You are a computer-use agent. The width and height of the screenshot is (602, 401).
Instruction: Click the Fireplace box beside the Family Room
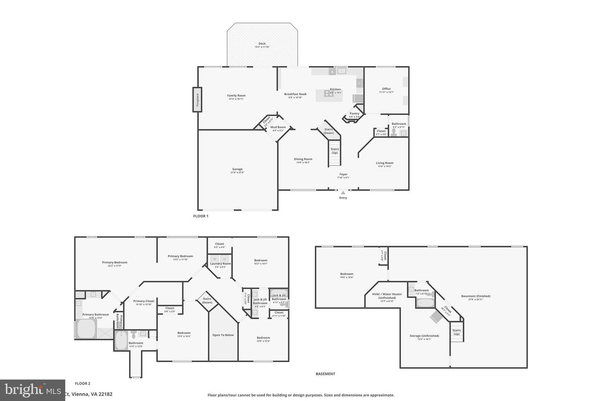[197, 99]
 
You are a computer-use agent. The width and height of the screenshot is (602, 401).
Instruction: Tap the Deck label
[262, 43]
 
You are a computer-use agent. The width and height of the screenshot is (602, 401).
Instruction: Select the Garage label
[237, 169]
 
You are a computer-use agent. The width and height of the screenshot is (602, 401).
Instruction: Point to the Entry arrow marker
[343, 193]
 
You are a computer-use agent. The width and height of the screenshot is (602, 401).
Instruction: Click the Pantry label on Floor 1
[354, 113]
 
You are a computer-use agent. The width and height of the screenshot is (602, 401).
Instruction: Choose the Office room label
[386, 89]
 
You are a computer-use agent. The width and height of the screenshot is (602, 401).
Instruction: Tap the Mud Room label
[278, 127]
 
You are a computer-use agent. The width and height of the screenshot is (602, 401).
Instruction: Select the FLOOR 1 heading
[201, 216]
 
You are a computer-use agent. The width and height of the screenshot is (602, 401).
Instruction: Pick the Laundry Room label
[220, 264]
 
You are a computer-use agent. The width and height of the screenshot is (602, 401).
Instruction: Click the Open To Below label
[223, 335]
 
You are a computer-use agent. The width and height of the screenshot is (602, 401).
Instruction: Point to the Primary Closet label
[144, 301]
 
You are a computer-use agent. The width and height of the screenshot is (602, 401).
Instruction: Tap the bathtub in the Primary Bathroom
[86, 329]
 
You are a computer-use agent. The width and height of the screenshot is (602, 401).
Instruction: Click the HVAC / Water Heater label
[387, 294]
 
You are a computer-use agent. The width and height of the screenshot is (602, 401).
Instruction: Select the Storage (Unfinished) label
[424, 336]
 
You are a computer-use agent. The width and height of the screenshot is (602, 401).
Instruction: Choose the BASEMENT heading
[325, 374]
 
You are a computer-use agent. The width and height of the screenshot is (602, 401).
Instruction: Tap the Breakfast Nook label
[295, 94]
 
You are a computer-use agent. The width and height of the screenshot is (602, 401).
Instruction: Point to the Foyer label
[343, 174]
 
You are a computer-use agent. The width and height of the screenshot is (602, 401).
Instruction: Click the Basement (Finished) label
[476, 296]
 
